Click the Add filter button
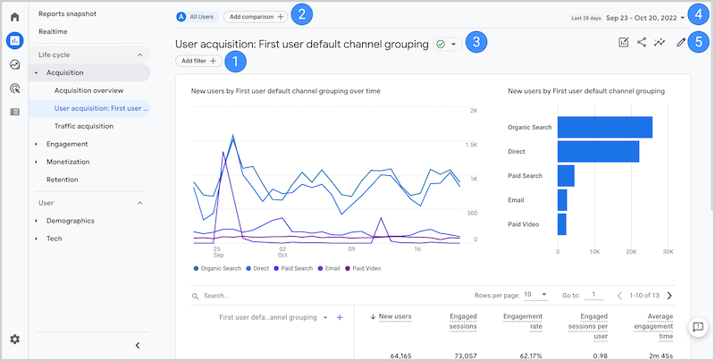(x=199, y=61)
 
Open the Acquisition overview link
(x=88, y=90)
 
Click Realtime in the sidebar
(x=55, y=31)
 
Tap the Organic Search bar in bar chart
(x=604, y=127)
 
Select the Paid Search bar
(x=566, y=175)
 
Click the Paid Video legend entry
(x=366, y=267)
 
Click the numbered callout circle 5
(x=700, y=42)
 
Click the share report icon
(x=642, y=42)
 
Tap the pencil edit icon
(x=681, y=42)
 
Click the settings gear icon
(x=14, y=339)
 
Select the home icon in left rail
(x=14, y=17)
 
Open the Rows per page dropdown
(x=536, y=294)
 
